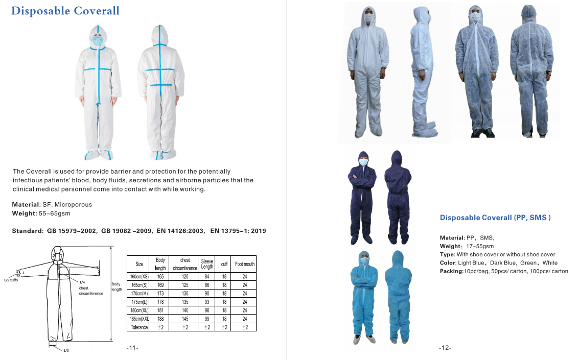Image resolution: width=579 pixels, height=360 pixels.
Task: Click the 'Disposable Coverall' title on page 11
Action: coord(65,11)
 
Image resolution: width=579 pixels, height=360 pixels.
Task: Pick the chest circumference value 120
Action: coord(185,276)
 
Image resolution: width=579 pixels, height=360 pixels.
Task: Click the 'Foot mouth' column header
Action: coord(245,264)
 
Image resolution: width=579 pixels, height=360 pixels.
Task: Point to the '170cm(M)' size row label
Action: coord(138,294)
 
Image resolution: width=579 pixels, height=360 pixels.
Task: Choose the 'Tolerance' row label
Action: coord(139,327)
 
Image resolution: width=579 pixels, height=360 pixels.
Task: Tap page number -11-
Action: coord(132,348)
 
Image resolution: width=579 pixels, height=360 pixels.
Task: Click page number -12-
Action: coord(445,348)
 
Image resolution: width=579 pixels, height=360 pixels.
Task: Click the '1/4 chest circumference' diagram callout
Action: coord(90,288)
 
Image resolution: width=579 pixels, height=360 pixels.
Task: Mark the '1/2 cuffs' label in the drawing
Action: coord(11,280)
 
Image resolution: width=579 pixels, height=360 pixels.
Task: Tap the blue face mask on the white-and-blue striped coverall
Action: coord(98,40)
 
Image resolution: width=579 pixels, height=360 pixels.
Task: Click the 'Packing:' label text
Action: coord(451,271)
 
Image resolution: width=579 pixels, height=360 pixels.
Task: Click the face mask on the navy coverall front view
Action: coord(363,162)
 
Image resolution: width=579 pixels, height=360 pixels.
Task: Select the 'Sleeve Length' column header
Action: coord(207,264)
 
